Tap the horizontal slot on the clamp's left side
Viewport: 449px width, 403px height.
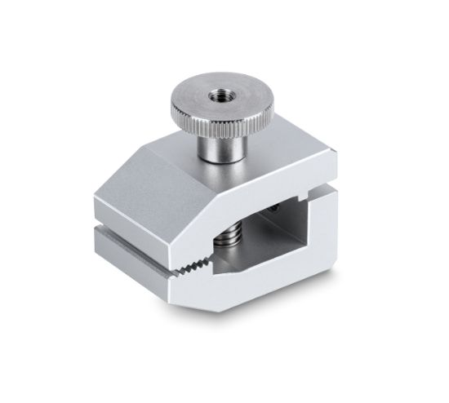point(122,222)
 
